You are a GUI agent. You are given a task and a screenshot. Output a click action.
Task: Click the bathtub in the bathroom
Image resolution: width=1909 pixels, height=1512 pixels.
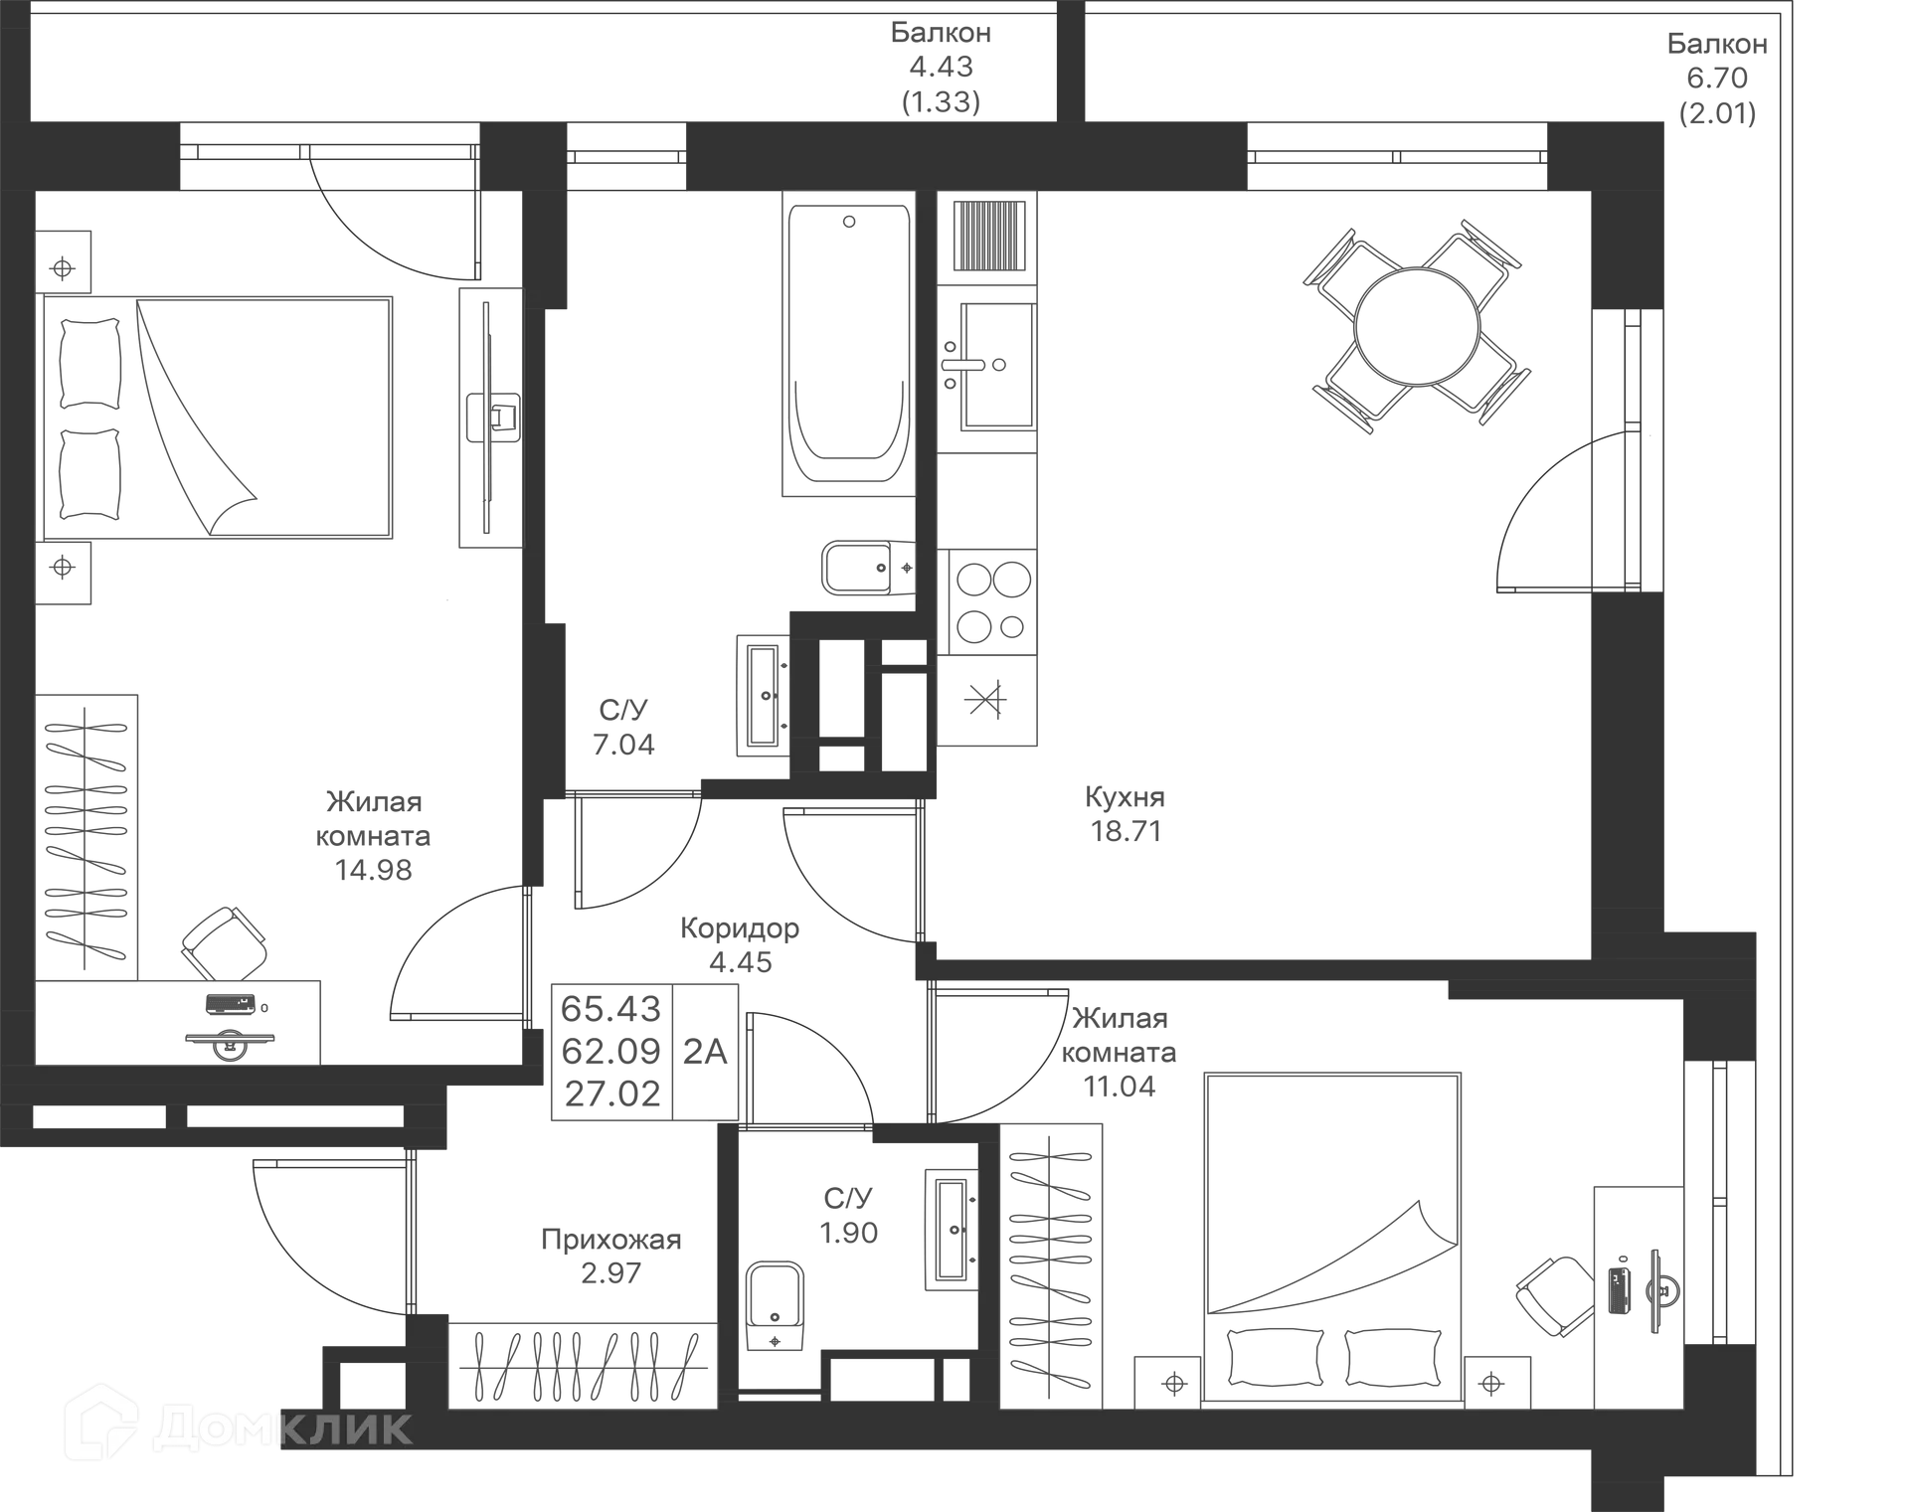coord(847,343)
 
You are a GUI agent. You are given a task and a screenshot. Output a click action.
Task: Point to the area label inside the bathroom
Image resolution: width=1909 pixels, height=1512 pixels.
coord(623,726)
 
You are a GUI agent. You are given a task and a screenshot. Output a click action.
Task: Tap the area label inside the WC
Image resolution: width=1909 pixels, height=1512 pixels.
coord(848,1215)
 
